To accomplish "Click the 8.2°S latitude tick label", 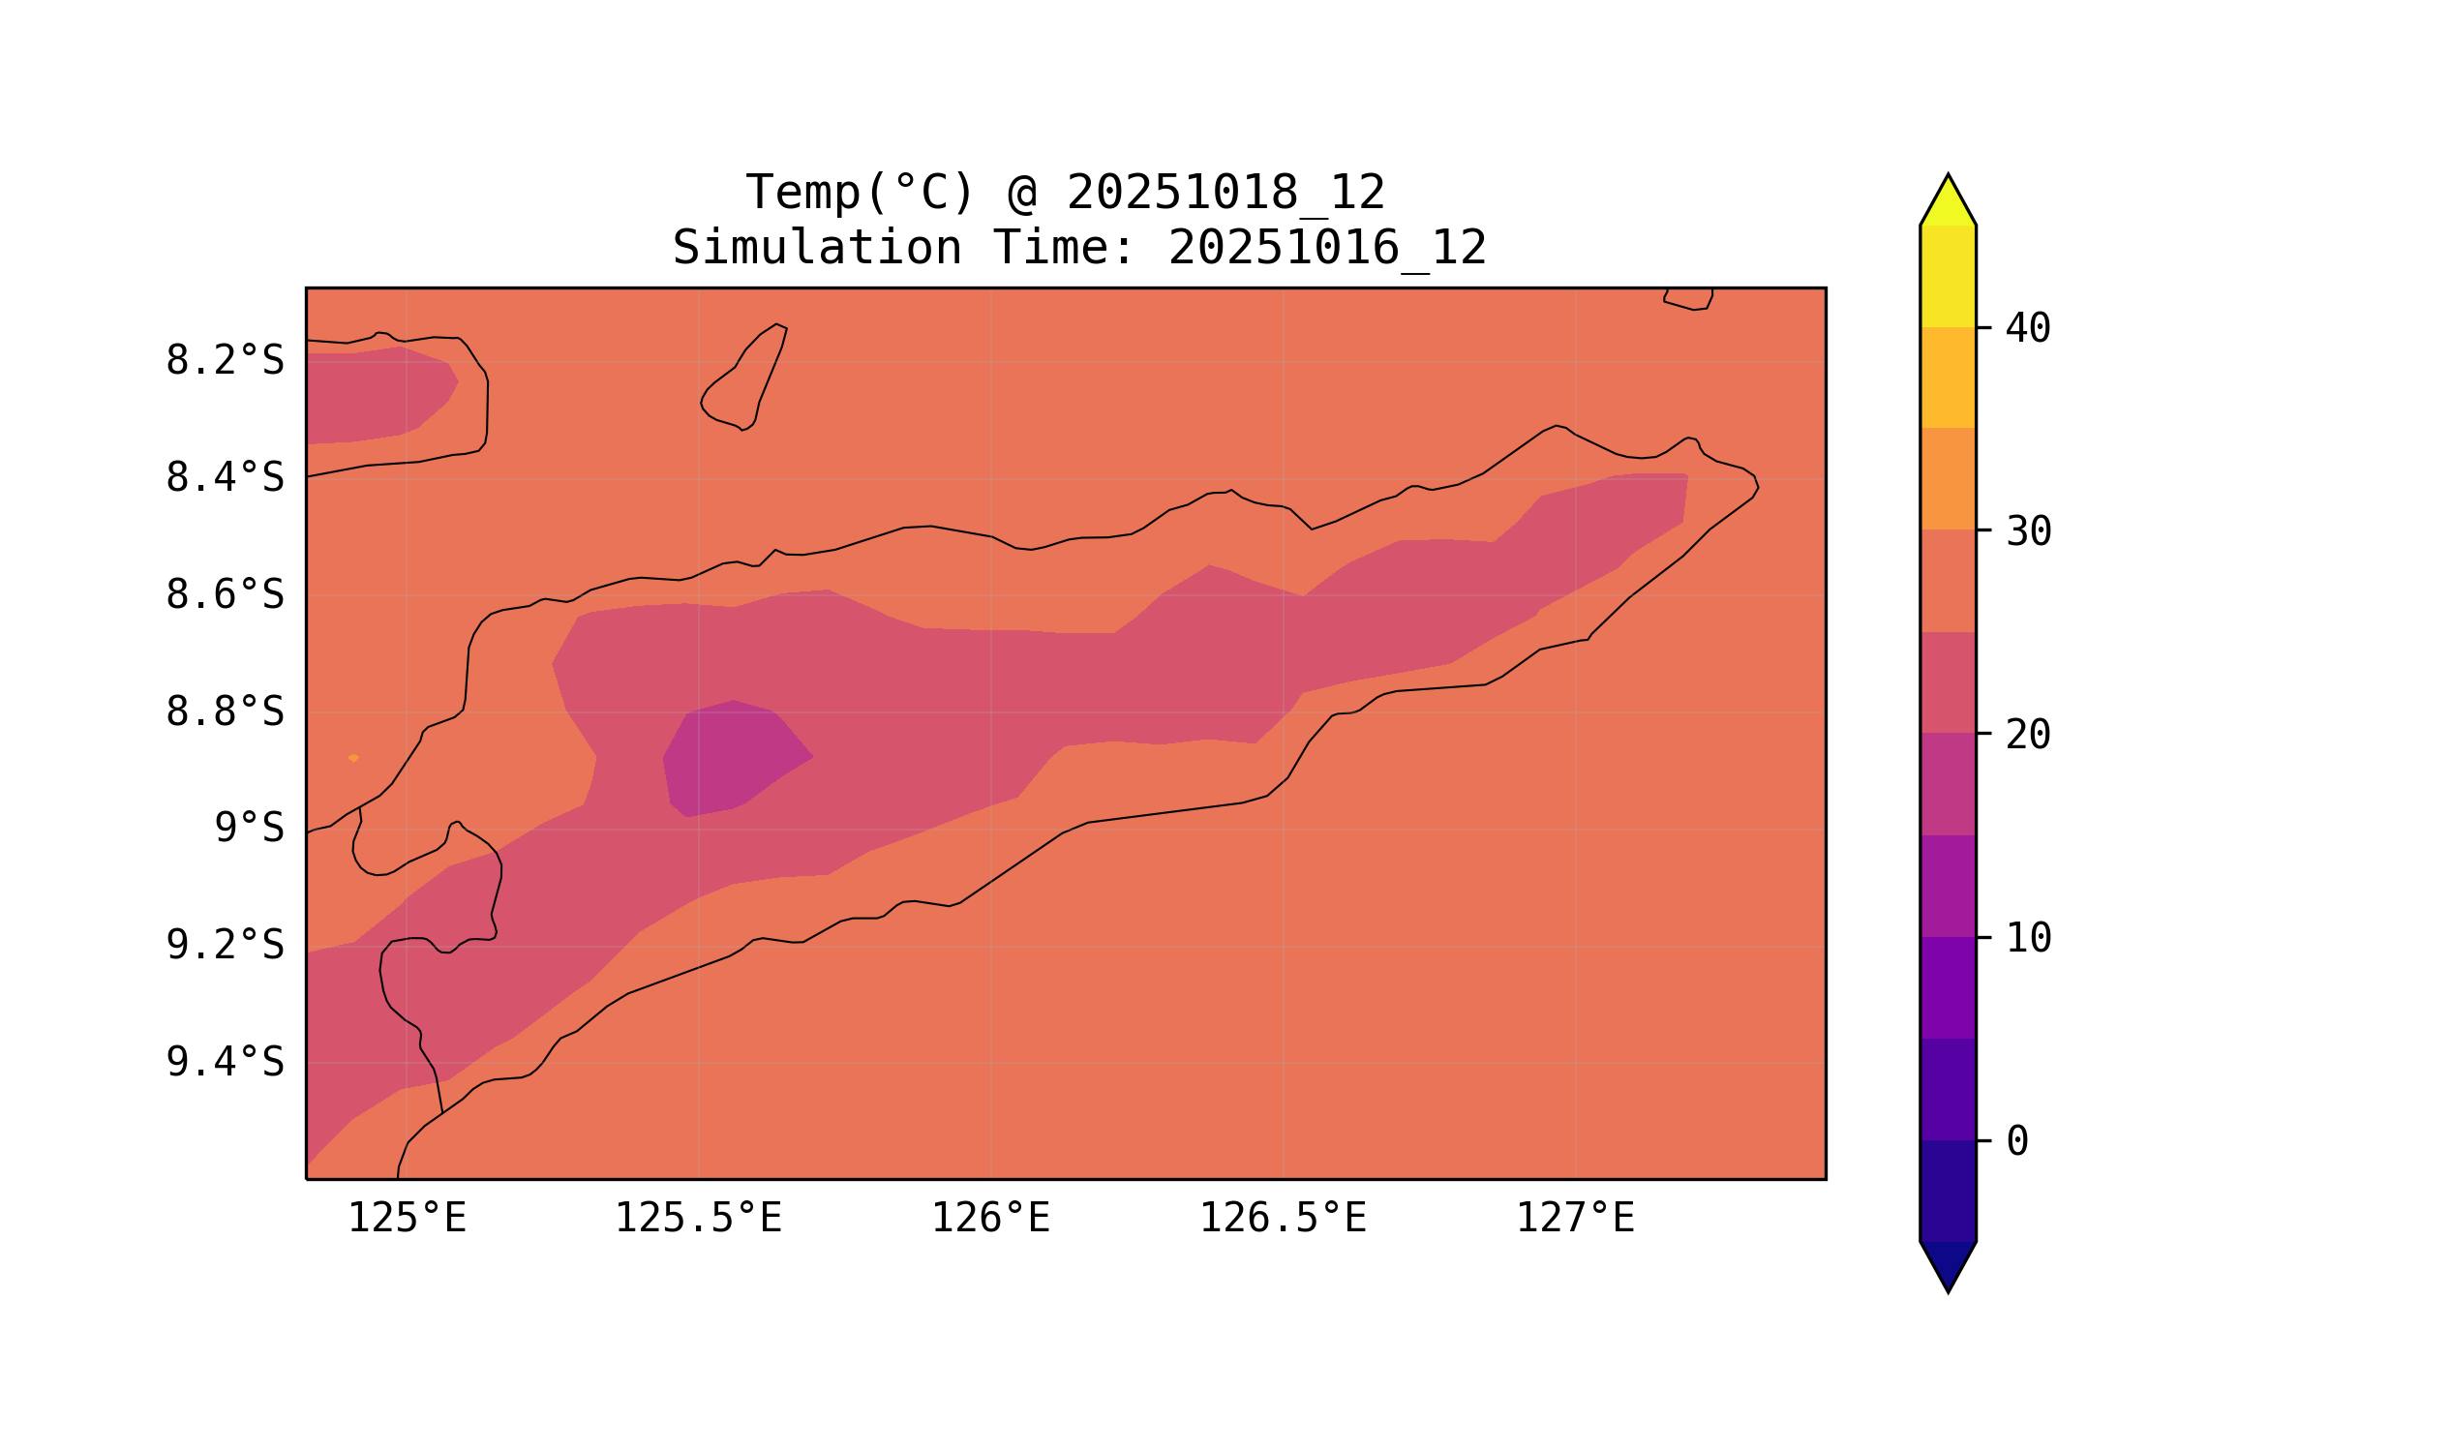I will pos(224,361).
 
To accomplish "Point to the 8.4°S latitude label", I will pos(224,478).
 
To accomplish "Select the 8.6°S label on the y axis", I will pos(224,595).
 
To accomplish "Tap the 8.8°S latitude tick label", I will pos(224,712).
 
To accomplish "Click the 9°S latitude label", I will pos(249,829).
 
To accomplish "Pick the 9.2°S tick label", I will pos(224,945).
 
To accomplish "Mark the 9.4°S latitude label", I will pos(224,1063).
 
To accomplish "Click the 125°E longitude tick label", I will pos(407,1219).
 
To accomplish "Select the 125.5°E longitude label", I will pos(698,1219).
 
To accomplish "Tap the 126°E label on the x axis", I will pos(990,1219).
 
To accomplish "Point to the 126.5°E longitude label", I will pos(1283,1219).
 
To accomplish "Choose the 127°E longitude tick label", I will pos(1574,1219).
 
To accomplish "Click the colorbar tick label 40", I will pos(2027,329).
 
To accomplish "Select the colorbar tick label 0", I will pos(2016,1142).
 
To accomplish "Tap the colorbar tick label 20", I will pos(2027,735).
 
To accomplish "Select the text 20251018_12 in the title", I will pos(1225,193).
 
